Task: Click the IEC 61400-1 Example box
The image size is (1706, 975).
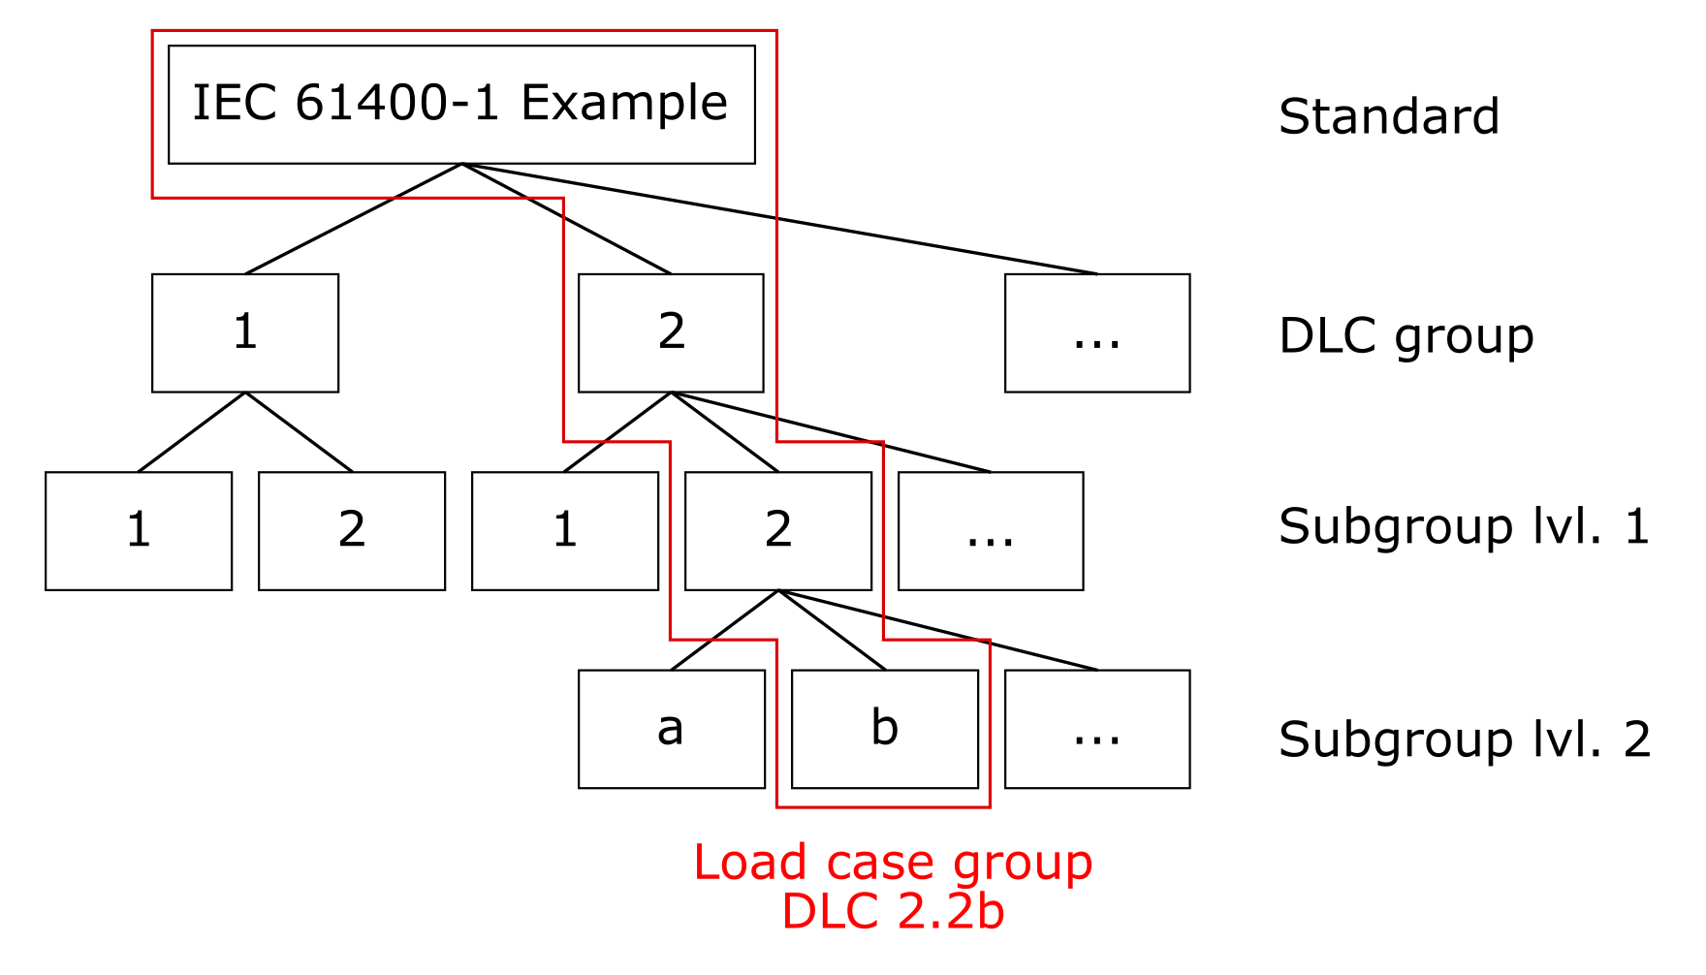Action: pyautogui.click(x=461, y=105)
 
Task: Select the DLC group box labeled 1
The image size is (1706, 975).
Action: pyautogui.click(x=245, y=332)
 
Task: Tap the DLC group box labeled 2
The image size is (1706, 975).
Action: pyautogui.click(x=671, y=332)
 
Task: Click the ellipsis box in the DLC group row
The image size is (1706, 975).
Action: pyautogui.click(x=1097, y=332)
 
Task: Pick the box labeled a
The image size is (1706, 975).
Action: pyautogui.click(x=671, y=729)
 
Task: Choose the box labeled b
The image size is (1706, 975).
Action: pyautogui.click(x=884, y=729)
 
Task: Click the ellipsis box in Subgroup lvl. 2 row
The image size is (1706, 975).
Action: pyautogui.click(x=1097, y=729)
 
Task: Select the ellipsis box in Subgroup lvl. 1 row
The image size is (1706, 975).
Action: pyautogui.click(x=991, y=531)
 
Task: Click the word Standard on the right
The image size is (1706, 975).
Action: pyautogui.click(x=1388, y=117)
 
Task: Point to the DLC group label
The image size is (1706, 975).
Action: pyautogui.click(x=1406, y=336)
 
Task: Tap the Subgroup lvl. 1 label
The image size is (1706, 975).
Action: pyautogui.click(x=1464, y=527)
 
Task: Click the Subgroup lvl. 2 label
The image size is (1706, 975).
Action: pyautogui.click(x=1464, y=740)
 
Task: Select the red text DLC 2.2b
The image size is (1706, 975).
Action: pyautogui.click(x=893, y=912)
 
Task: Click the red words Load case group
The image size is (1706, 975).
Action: pyautogui.click(x=893, y=863)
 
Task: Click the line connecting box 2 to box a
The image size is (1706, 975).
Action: pyautogui.click(x=724, y=630)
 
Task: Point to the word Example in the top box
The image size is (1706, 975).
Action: pyautogui.click(x=624, y=103)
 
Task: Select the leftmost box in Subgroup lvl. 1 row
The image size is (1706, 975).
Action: pyautogui.click(x=139, y=531)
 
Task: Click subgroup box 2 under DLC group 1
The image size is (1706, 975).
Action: pyautogui.click(x=352, y=531)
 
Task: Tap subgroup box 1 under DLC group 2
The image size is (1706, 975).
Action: pyautogui.click(x=565, y=531)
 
